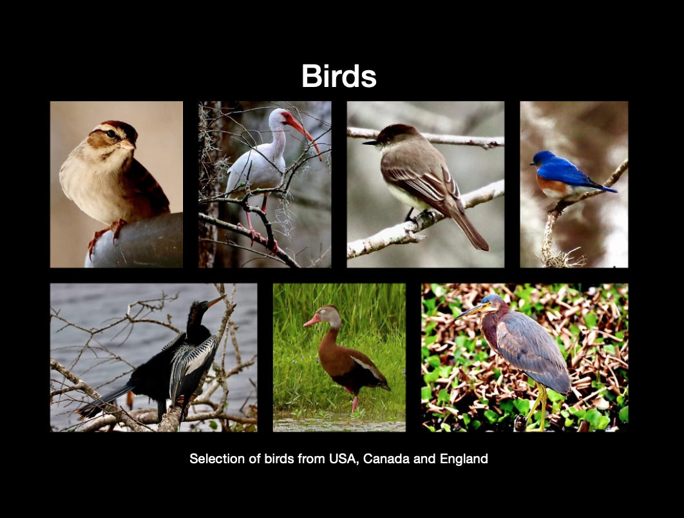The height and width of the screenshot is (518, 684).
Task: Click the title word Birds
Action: coord(339,76)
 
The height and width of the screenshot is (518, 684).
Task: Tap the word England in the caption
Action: coord(464,459)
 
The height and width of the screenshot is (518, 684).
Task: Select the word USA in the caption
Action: coord(344,459)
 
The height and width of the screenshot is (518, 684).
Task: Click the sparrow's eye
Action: coord(111,133)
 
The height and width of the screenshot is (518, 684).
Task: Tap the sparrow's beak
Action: coord(128,144)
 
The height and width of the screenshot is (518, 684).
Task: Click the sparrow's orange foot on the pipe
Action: coord(117,228)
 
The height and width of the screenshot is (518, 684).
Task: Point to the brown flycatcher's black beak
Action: coord(370,142)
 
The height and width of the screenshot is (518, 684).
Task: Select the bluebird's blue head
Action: coord(542,158)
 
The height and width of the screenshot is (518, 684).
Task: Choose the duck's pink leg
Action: coord(354,402)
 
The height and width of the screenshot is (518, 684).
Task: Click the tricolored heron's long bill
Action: coord(470,311)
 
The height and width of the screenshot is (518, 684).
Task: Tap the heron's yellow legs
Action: coord(539,405)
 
